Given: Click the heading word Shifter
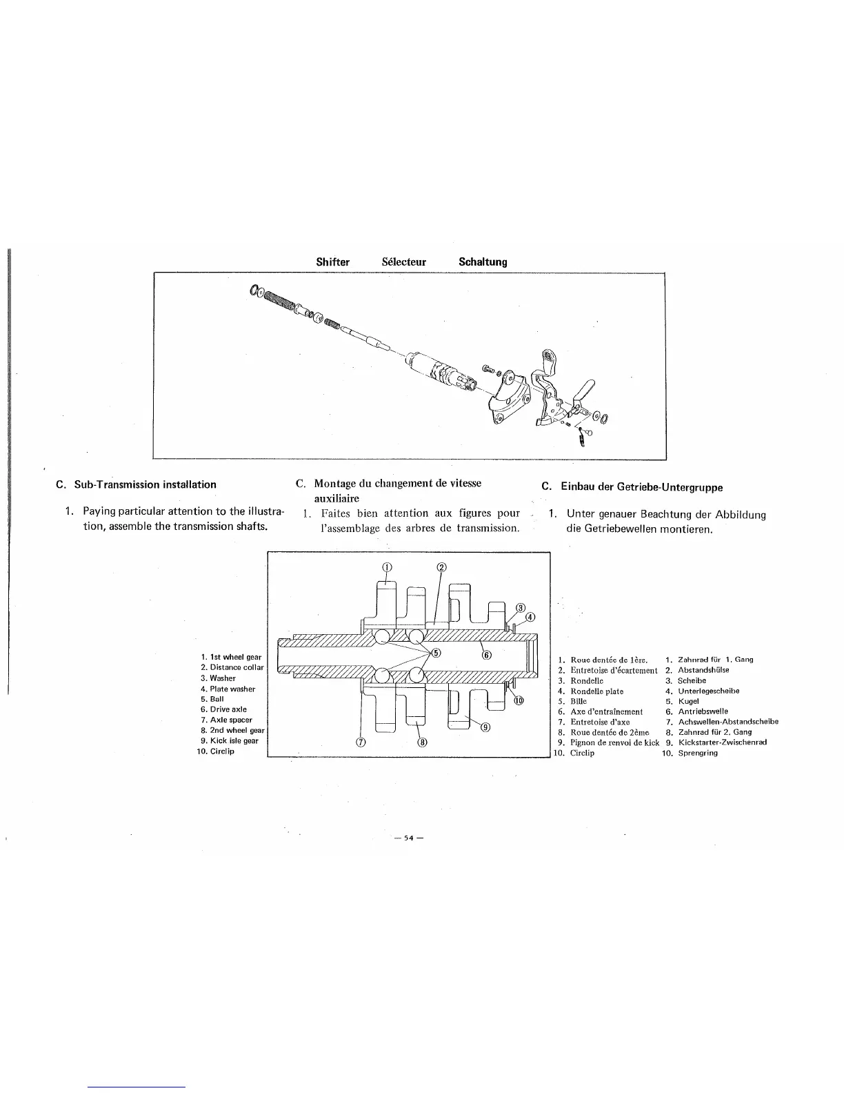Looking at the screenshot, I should [x=332, y=262].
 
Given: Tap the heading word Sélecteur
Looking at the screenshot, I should [x=403, y=262].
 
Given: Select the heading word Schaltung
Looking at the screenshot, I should [x=483, y=262].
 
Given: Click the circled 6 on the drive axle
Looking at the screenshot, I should [x=485, y=655].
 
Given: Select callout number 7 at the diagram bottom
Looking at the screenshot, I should [x=360, y=742].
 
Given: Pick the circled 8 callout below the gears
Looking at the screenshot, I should [x=423, y=742].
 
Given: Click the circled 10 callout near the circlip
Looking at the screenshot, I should [x=519, y=700].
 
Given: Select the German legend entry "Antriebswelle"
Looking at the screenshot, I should [x=703, y=711].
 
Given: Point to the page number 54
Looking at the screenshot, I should [x=407, y=838].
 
